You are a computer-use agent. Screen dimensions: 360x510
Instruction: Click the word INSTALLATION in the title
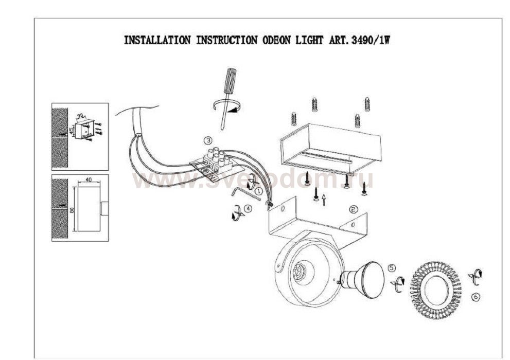click(157, 41)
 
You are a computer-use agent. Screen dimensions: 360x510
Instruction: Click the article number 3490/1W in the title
click(369, 41)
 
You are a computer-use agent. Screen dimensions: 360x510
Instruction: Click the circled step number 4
click(249, 209)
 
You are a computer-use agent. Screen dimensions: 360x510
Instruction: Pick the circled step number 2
click(353, 209)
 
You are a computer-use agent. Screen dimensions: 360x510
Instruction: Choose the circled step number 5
click(392, 268)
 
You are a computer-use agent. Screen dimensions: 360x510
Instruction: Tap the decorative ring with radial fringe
click(435, 286)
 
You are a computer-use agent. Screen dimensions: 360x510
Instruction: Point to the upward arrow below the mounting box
click(323, 199)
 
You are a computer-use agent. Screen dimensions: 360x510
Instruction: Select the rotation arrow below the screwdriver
click(227, 106)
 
